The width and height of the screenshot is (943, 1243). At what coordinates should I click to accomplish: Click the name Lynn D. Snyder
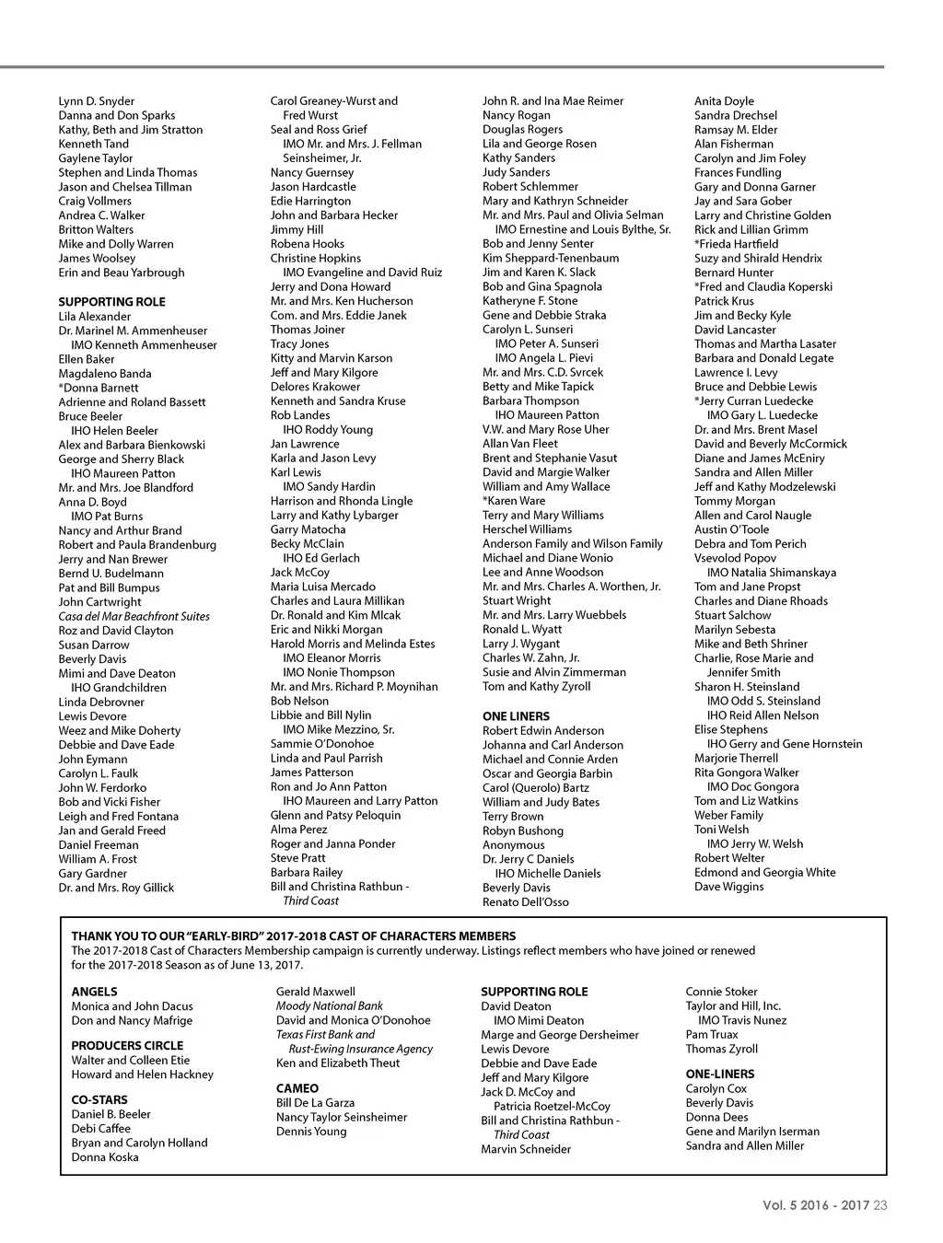[x=96, y=101]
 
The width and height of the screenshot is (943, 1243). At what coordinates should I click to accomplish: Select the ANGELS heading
[x=94, y=992]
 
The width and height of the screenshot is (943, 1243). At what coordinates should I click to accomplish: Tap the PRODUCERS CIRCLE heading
[x=127, y=1045]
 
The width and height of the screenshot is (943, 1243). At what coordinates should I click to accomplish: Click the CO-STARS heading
[x=99, y=1099]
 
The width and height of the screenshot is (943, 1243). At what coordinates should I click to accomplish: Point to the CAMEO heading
[x=297, y=1088]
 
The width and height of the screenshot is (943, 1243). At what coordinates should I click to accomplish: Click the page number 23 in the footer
[x=880, y=1205]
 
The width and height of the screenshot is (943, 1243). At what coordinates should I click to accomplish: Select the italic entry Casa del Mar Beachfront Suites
[x=134, y=616]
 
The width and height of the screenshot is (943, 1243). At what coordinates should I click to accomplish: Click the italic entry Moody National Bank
[x=329, y=1006]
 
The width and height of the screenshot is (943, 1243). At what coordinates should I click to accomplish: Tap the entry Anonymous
[x=513, y=845]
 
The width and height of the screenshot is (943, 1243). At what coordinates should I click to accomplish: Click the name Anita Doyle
[x=724, y=101]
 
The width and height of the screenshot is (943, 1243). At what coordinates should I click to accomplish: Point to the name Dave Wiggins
[x=728, y=887]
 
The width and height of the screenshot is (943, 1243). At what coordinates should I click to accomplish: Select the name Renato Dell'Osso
[x=525, y=902]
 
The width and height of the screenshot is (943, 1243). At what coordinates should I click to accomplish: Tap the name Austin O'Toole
[x=731, y=529]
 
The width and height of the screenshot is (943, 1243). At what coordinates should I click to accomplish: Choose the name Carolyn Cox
[x=716, y=1088]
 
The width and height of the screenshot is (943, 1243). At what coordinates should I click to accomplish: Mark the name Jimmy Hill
[x=297, y=229]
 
